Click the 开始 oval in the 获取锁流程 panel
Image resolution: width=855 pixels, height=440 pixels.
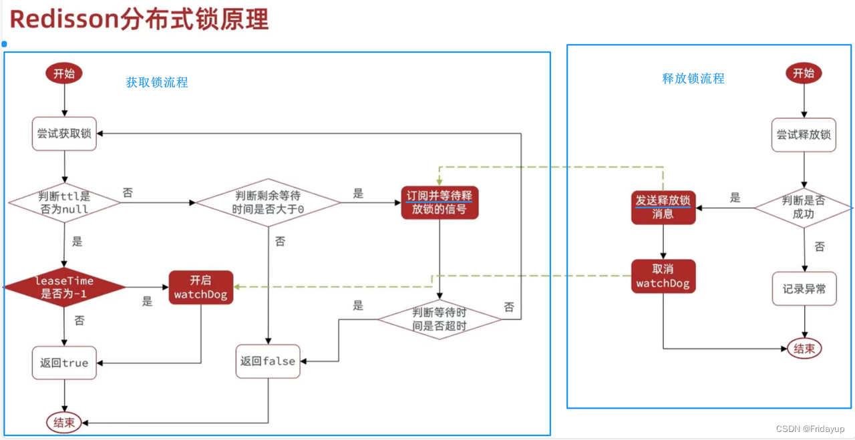tap(64, 73)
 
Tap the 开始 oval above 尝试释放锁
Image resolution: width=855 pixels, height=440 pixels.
tap(804, 73)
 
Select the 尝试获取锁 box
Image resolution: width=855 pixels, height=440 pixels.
tap(64, 134)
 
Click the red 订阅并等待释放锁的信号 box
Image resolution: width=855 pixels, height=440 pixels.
tap(440, 202)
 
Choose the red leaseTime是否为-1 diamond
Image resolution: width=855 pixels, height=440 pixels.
tap(64, 288)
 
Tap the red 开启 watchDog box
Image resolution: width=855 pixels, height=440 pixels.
tap(201, 287)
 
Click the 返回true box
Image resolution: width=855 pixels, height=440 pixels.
tap(64, 363)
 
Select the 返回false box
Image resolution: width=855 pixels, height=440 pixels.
tap(268, 361)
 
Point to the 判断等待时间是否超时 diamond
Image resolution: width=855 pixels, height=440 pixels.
tap(440, 318)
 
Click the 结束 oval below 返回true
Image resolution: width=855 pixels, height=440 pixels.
tap(64, 422)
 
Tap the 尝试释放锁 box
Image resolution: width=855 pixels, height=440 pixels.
tap(804, 134)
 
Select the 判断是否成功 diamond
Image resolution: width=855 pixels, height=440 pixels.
tap(804, 207)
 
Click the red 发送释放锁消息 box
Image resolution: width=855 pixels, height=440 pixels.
tap(663, 206)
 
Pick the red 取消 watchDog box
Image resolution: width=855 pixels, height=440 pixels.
tap(663, 276)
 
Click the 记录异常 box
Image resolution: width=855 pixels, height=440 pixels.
tap(804, 288)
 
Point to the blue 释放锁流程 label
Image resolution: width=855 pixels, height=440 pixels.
tap(693, 78)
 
